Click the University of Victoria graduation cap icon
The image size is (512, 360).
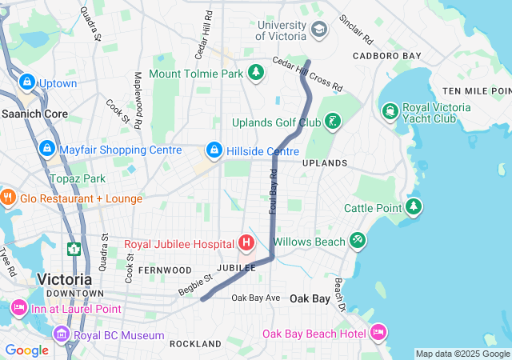pyautogui.click(x=319, y=30)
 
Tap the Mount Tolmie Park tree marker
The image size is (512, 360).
pyautogui.click(x=256, y=74)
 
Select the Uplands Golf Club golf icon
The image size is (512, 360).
pyautogui.click(x=332, y=122)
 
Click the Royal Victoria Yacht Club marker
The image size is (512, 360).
pyautogui.click(x=390, y=110)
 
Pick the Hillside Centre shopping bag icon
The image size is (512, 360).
pyautogui.click(x=214, y=150)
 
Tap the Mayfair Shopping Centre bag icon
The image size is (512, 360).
pyautogui.click(x=46, y=149)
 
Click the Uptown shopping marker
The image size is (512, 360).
pyautogui.click(x=27, y=82)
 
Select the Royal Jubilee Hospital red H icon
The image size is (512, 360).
pyautogui.click(x=246, y=242)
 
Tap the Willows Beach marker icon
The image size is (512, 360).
pyautogui.click(x=358, y=241)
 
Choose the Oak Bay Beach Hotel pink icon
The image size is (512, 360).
pyautogui.click(x=378, y=332)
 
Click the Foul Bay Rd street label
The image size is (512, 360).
pyautogui.click(x=273, y=194)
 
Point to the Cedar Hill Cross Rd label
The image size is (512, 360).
pyautogui.click(x=307, y=73)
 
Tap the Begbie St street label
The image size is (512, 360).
pyautogui.click(x=195, y=283)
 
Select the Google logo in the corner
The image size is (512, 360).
pyautogui.click(x=27, y=350)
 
